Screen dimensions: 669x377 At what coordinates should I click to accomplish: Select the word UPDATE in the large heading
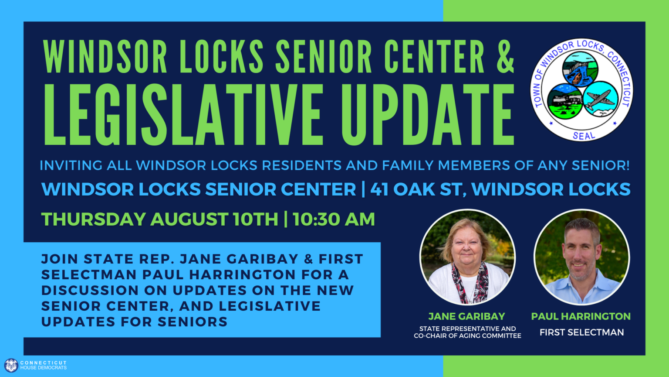[x=428, y=114]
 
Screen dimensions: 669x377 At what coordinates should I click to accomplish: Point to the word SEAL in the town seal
[x=584, y=136]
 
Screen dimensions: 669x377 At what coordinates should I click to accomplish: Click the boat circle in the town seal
[x=580, y=69]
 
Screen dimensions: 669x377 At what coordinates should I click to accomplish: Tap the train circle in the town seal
[x=565, y=101]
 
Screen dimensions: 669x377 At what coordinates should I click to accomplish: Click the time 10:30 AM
[x=334, y=219]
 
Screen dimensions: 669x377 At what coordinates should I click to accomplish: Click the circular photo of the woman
[x=467, y=257]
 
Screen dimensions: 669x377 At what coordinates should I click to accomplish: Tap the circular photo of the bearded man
[x=581, y=257]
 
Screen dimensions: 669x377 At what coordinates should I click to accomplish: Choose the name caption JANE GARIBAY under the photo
[x=467, y=316]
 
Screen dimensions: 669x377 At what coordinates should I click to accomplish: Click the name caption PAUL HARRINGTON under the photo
[x=581, y=316]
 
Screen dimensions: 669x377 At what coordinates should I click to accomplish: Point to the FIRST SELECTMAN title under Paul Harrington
[x=582, y=332]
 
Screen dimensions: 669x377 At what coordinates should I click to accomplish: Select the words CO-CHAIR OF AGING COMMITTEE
[x=467, y=336]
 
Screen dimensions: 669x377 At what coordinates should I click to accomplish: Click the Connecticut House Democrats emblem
[x=11, y=365]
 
